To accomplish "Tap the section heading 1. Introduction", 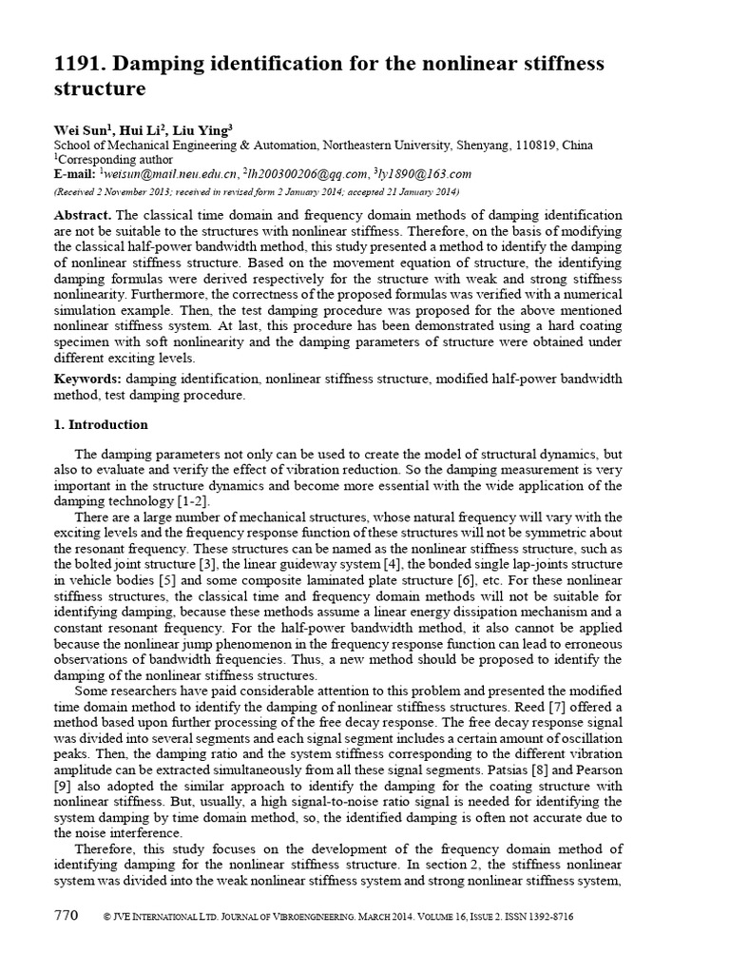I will (101, 424).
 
